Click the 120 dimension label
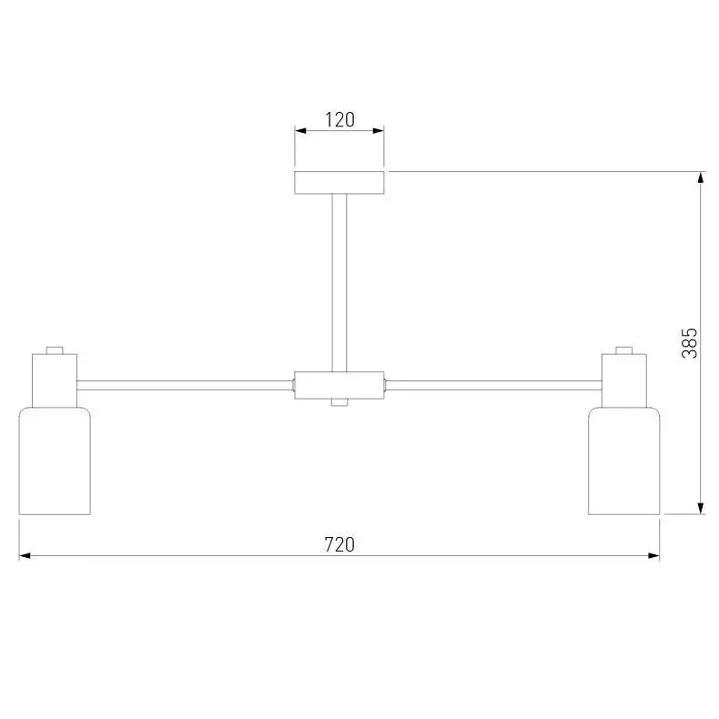(x=339, y=119)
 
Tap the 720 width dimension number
(x=339, y=544)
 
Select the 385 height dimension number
(x=689, y=343)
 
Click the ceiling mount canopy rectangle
(x=339, y=183)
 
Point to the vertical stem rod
(x=339, y=283)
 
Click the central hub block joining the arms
(x=339, y=385)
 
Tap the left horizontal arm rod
(x=186, y=385)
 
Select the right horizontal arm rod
(x=493, y=385)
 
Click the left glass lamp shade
(x=55, y=461)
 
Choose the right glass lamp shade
(x=624, y=461)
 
